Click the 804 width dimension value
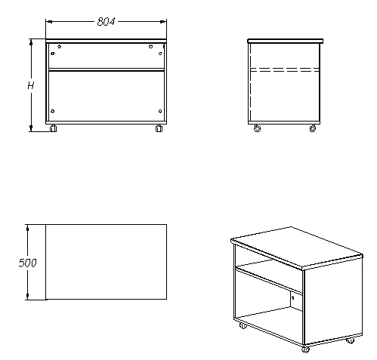pos(106,22)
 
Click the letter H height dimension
pos(31,85)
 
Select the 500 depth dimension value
pos(28,263)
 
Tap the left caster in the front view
pos(53,128)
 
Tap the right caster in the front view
pos(159,128)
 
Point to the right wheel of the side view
pos(313,129)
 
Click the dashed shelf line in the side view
pos(286,71)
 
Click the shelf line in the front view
pos(106,70)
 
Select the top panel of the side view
pos(286,41)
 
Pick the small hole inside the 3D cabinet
pos(292,298)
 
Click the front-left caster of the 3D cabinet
pos(243,327)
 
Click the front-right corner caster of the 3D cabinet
pos(305,349)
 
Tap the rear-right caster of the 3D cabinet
pos(350,340)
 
